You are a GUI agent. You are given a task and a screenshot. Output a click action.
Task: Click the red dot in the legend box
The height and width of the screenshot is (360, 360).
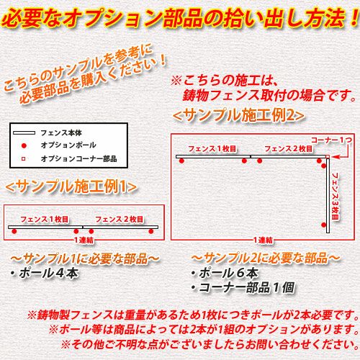24,145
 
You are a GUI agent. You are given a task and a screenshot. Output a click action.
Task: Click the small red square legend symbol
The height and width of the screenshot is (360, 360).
24,159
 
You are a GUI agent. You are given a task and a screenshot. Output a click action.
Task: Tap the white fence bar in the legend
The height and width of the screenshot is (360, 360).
24,132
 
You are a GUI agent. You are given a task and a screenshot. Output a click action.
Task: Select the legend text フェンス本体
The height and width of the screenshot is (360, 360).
61,132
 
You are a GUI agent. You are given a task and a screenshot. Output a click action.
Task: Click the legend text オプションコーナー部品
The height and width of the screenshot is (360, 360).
78,158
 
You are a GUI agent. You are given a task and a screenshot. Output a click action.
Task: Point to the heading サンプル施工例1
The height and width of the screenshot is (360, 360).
71,186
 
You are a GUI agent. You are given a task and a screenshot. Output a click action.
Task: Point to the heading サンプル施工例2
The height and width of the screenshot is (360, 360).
239,116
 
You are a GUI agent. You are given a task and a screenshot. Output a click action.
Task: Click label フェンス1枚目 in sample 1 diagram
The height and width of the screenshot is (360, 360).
45,219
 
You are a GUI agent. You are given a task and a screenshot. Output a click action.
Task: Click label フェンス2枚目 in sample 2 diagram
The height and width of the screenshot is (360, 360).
289,149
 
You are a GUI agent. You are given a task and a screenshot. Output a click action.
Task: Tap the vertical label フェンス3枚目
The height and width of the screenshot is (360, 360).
335,196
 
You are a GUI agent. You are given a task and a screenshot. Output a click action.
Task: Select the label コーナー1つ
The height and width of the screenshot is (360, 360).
331,140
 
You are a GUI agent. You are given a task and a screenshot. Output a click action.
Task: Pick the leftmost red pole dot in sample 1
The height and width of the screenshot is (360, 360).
14,231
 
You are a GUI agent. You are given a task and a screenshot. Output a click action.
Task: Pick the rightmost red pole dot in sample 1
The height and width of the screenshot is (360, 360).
151,231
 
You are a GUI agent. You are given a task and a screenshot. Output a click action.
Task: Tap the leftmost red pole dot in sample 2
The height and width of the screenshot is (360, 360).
181,161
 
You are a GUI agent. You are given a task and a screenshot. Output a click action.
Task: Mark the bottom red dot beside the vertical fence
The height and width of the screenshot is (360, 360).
324,225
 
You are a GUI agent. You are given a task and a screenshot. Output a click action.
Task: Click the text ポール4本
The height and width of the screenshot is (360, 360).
46,273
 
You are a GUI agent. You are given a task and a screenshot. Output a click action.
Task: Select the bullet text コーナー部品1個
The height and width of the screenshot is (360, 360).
243,287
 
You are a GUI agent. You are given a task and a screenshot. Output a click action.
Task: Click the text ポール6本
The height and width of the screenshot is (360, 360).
225,273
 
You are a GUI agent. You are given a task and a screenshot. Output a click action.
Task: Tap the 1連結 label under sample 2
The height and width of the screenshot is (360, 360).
264,240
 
